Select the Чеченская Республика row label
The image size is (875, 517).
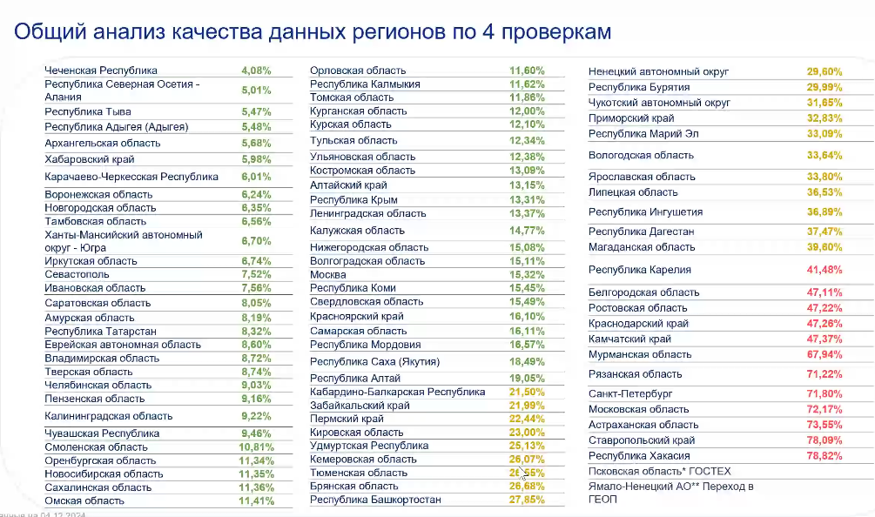pos(101,70)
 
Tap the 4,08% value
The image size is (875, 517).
pos(256,70)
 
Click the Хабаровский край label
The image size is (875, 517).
pos(90,159)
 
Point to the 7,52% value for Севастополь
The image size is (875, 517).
pos(256,272)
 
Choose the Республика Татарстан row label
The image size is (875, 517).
pos(101,332)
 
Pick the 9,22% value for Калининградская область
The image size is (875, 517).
pos(256,416)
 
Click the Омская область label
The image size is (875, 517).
pos(84,500)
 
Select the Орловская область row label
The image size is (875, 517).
pos(358,70)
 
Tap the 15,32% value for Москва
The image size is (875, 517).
pos(528,275)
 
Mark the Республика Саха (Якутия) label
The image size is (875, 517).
pos(374,361)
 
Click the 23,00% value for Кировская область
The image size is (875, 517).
pos(528,432)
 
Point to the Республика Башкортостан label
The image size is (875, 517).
pos(375,500)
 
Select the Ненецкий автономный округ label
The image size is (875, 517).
pos(659,72)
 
